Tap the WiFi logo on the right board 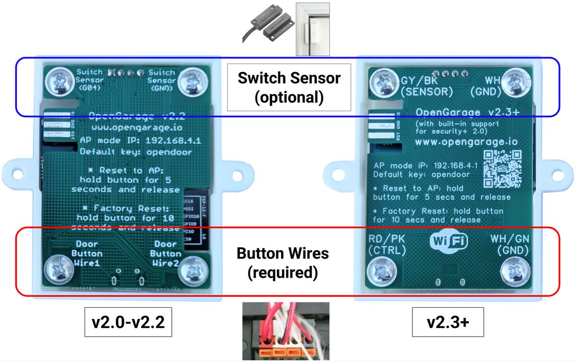coord(449,241)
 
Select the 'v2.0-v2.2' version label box coord(128,322)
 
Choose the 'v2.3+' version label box coord(447,322)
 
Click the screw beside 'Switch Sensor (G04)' coord(59,82)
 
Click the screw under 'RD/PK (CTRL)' coord(381,270)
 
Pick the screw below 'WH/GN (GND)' coord(515,270)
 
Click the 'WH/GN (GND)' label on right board coord(509,244)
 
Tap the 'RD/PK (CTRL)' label coord(387,244)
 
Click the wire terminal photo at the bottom coord(286,331)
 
